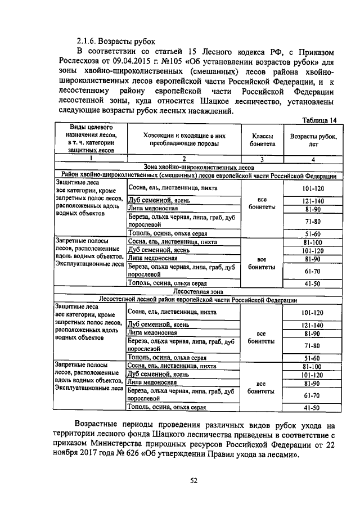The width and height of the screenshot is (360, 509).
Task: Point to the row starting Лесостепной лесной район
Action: (x=198, y=299)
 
